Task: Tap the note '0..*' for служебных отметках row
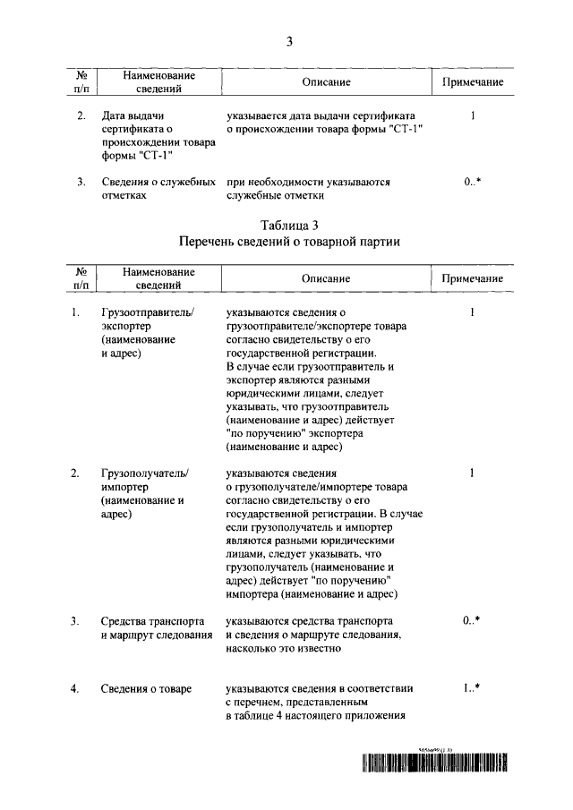tap(472, 182)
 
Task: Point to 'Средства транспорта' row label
tap(152, 621)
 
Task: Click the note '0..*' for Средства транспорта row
tap(472, 621)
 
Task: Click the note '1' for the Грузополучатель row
tap(472, 473)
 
